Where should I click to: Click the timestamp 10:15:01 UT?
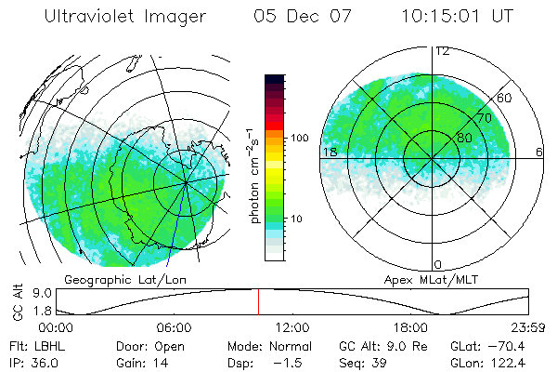[460, 17]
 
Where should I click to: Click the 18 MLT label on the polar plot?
[329, 152]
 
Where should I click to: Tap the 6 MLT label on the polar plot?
[539, 152]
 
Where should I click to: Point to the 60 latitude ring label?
[505, 98]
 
